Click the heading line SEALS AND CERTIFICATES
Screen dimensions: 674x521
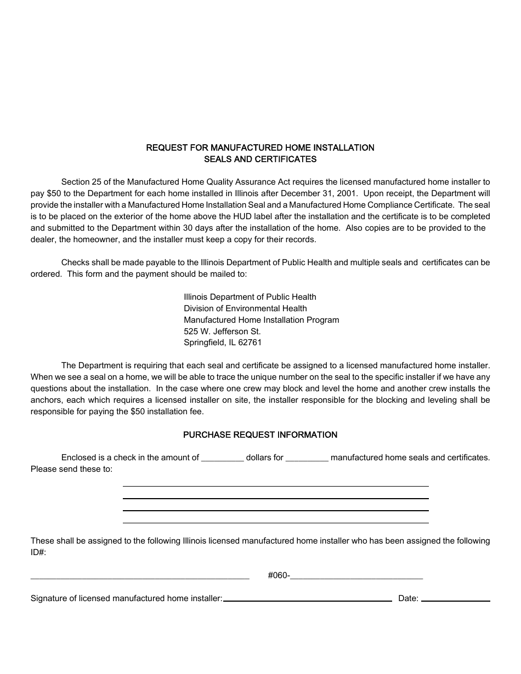pos(260,159)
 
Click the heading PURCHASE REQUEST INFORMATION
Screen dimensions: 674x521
pos(260,435)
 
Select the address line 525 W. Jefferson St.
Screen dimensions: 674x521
pos(222,331)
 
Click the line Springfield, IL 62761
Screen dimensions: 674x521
pos(223,342)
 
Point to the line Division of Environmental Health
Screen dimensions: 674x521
pos(245,309)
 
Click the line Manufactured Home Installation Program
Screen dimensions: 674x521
pos(261,319)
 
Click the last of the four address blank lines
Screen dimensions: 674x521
pos(275,522)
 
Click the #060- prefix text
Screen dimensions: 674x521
pos(279,575)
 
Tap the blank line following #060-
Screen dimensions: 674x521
pos(356,578)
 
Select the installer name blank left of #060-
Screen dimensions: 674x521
pos(140,578)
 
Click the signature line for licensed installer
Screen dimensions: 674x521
pos(307,601)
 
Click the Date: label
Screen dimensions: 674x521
pos(408,598)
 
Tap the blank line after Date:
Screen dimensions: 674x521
pos(455,601)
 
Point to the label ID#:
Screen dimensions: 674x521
pos(38,552)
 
